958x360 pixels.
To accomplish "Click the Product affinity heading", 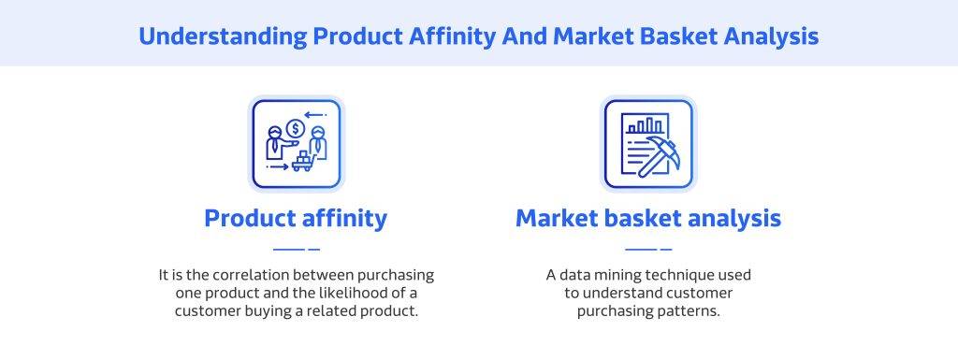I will click(x=296, y=219).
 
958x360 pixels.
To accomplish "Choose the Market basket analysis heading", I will click(x=647, y=219).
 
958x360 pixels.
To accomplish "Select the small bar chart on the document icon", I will click(x=646, y=125).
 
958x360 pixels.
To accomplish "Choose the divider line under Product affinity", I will click(x=296, y=250).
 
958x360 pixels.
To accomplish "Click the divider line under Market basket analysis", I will click(x=647, y=250).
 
